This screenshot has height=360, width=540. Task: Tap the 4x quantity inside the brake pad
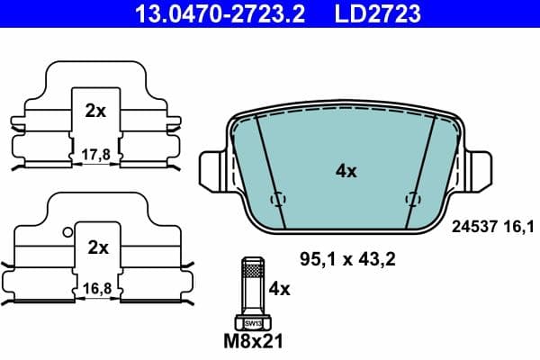(346, 171)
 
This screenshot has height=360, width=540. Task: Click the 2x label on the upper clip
(95, 112)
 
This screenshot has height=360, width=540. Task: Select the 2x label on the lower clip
(97, 247)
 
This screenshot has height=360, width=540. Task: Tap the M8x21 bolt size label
(253, 342)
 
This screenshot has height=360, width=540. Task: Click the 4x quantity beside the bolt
(280, 289)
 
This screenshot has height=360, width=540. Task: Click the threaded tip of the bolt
(253, 268)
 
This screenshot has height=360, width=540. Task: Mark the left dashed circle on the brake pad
(278, 199)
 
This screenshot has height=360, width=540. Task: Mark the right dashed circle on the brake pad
(413, 199)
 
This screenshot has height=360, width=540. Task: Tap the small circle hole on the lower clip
(67, 231)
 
